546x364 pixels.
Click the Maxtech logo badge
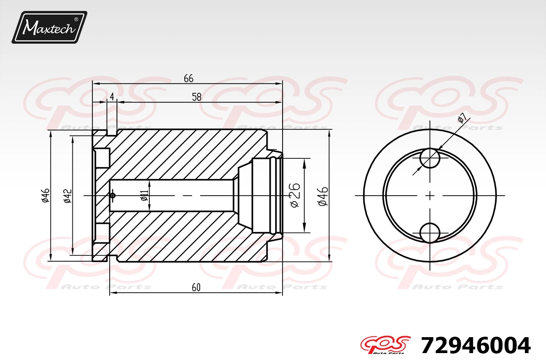point(49,27)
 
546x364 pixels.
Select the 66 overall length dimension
point(188,79)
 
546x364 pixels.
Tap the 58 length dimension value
point(197,97)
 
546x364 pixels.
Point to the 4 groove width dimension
point(112,97)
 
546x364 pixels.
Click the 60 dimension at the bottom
point(196,288)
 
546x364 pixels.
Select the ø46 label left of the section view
point(45,195)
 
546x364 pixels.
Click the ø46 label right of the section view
point(323,196)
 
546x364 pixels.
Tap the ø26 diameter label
point(295,195)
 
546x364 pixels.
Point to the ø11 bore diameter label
point(144,196)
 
